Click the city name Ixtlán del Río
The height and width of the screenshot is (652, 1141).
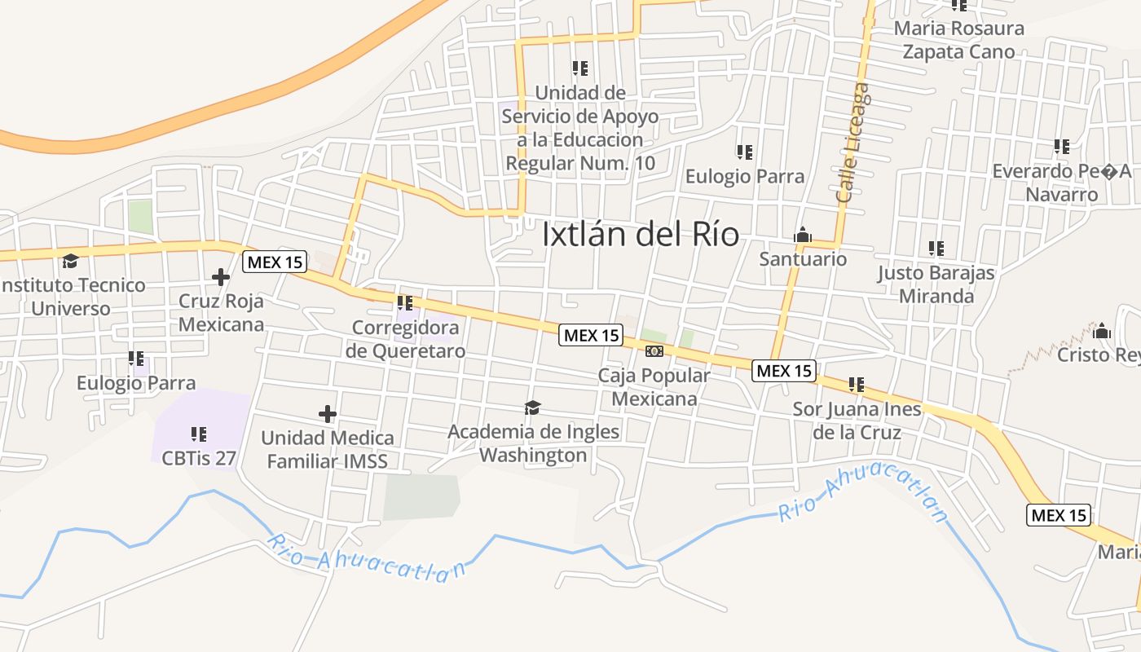coord(641,235)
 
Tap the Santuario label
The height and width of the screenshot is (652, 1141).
coord(803,259)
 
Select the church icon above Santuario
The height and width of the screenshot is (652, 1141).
coord(803,236)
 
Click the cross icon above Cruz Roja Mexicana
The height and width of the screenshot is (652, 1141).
coord(220,277)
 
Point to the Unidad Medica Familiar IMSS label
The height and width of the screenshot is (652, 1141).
coord(328,450)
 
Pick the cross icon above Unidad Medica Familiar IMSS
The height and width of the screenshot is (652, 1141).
coord(328,414)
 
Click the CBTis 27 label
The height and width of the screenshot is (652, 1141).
coord(199,458)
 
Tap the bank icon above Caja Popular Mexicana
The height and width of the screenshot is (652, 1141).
coord(654,351)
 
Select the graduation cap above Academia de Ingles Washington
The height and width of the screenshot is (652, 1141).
coord(533,407)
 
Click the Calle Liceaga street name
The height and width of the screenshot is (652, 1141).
coord(853,143)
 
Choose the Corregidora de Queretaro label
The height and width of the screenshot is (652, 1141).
coord(406,339)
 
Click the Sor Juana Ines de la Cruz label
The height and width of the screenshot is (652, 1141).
coord(857,421)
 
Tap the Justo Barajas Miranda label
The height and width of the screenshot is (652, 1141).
coord(936,284)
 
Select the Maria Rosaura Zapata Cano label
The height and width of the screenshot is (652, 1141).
coord(959,40)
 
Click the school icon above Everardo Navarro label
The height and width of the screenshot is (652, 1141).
coord(1061,147)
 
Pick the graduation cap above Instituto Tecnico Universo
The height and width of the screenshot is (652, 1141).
coord(70,261)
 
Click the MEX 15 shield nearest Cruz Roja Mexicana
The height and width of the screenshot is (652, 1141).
coord(275,262)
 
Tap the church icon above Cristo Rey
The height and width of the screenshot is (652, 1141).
coord(1102,331)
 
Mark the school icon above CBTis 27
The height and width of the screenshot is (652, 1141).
coord(199,434)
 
